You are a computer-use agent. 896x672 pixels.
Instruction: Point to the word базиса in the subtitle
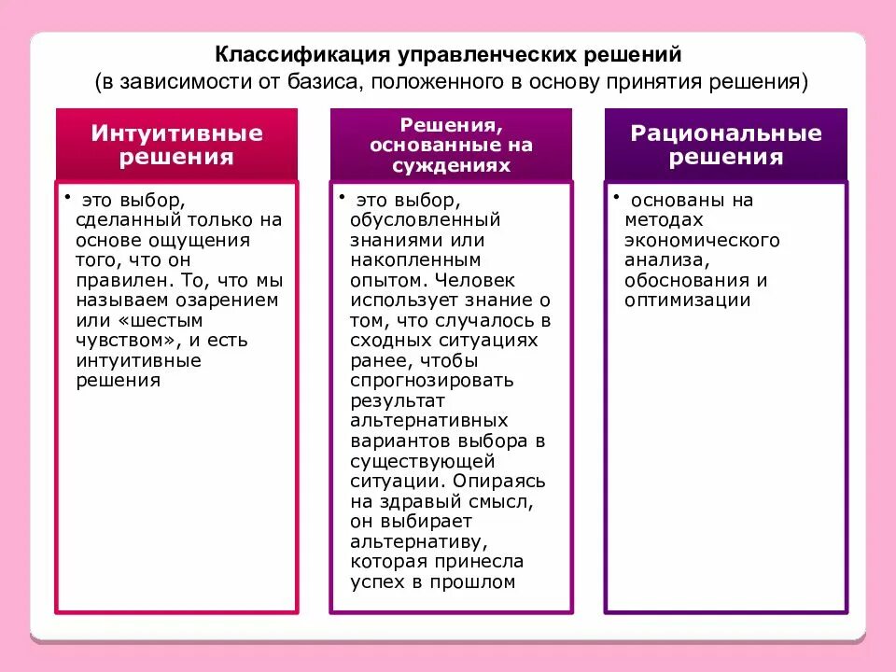click(326, 82)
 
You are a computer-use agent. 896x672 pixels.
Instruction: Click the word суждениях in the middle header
click(451, 166)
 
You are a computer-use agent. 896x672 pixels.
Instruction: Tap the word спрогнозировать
click(432, 381)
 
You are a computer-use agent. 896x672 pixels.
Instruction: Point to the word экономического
click(703, 240)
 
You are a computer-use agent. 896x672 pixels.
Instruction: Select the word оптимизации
click(688, 300)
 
